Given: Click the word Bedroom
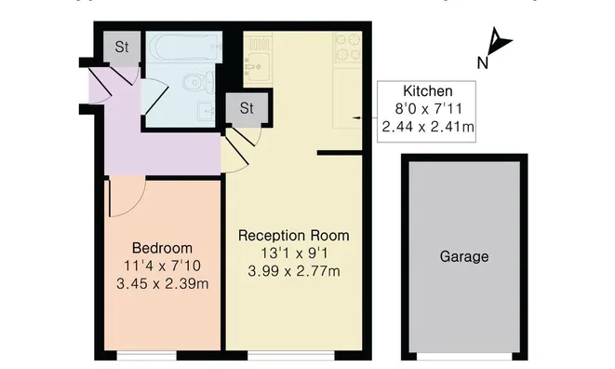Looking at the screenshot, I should point(162,249).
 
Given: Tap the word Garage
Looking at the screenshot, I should point(463,256).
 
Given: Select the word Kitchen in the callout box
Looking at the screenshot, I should point(427,91).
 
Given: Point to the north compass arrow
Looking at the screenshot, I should point(501,42).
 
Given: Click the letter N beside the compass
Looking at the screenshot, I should point(483,63).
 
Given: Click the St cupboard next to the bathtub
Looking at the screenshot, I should point(122,46).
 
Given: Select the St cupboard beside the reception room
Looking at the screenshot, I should point(246,108).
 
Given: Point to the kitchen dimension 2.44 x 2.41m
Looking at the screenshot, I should point(427,126).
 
